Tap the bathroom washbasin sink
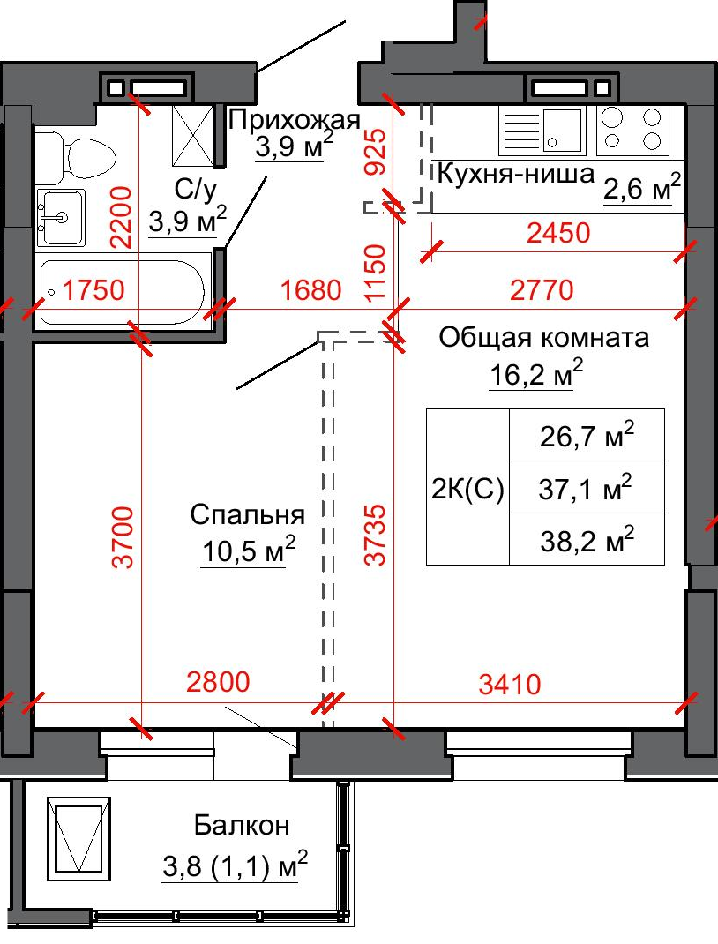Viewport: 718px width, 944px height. [60, 217]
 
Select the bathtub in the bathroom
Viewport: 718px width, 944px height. [123, 292]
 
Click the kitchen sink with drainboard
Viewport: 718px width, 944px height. [541, 130]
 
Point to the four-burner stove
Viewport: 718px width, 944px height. [632, 130]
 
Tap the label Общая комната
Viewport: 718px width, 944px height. [543, 337]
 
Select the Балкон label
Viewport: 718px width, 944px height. [242, 826]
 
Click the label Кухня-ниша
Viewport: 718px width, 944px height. [515, 174]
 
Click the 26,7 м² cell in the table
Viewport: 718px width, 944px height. [587, 435]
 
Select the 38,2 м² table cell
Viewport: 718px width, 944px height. [587, 539]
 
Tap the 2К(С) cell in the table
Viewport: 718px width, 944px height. [467, 487]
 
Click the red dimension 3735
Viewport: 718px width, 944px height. [376, 535]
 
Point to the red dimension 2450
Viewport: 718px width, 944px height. [558, 233]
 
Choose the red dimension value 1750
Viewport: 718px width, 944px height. [93, 289]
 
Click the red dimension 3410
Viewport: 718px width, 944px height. [510, 685]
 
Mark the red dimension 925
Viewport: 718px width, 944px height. [376, 152]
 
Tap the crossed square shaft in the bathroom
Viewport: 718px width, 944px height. [192, 135]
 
